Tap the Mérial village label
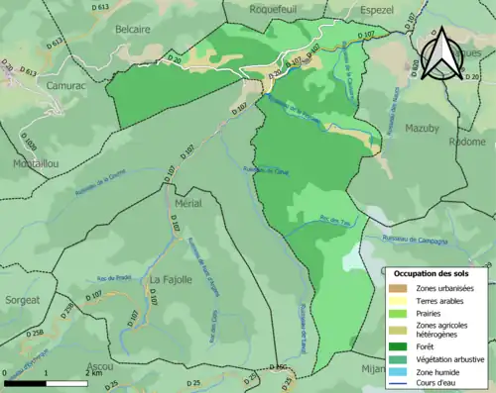(187, 203)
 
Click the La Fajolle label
(169, 280)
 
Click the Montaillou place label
(36, 163)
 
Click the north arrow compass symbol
(443, 51)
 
